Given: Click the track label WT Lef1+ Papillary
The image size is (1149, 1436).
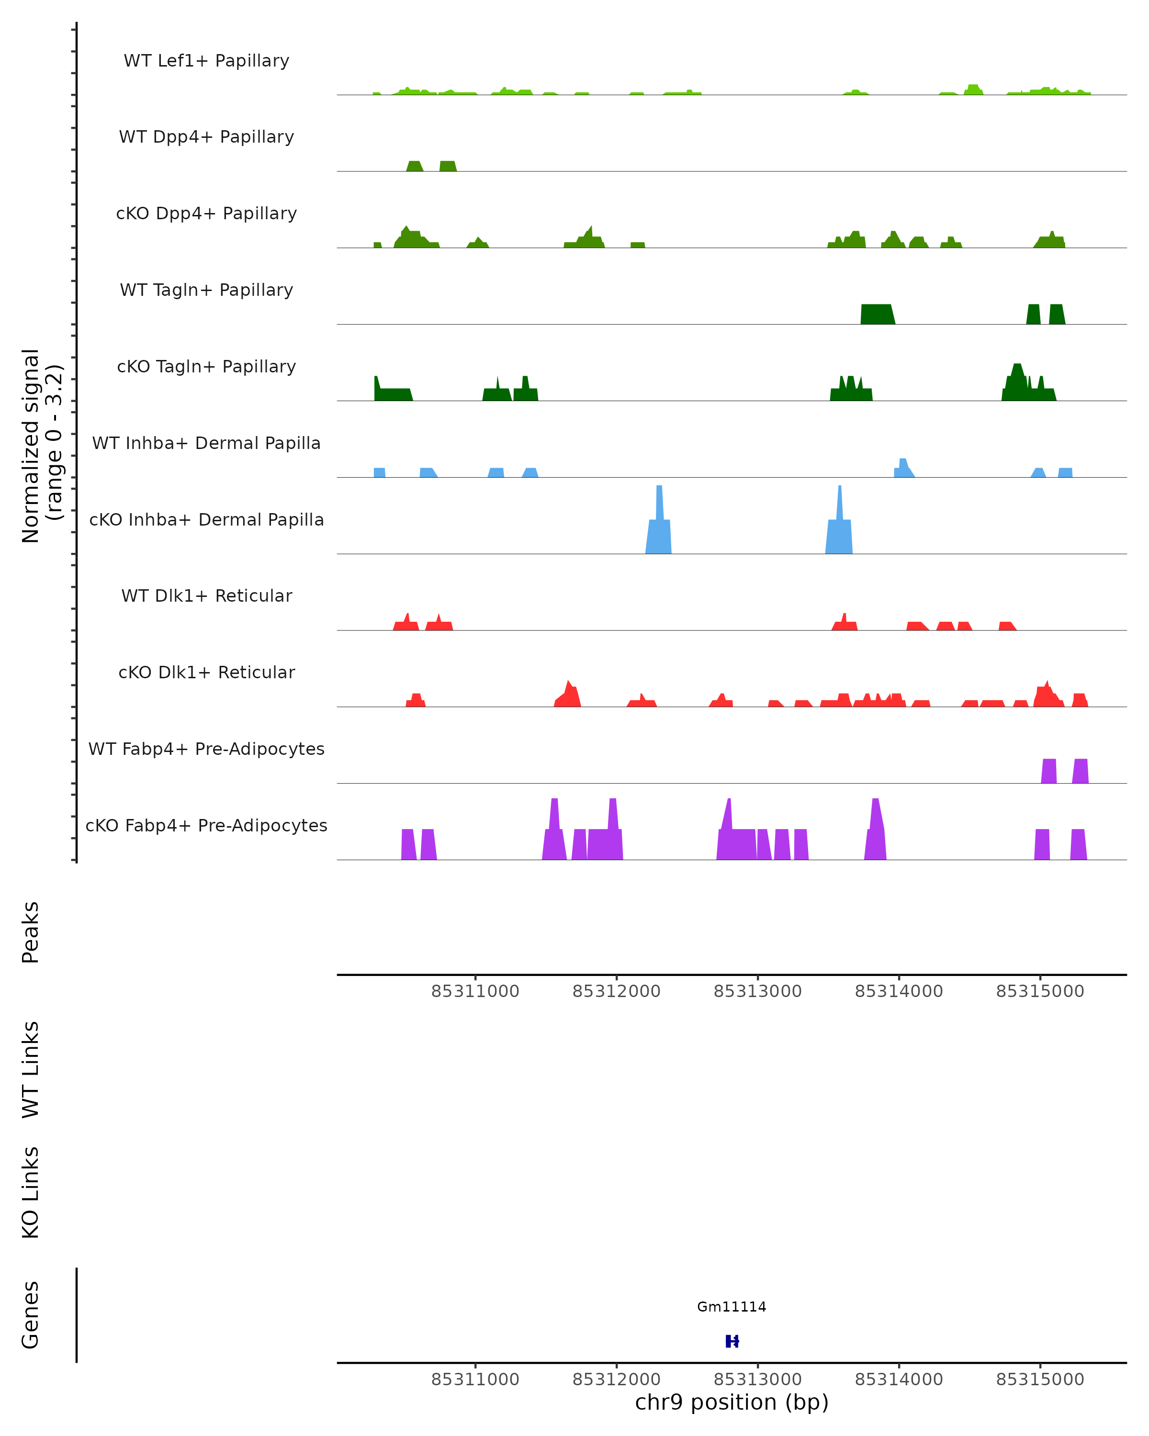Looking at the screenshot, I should [x=206, y=61].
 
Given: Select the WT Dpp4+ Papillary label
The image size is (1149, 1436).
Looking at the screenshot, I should [x=206, y=137].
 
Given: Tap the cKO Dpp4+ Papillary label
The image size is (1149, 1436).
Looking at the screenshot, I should [x=206, y=214].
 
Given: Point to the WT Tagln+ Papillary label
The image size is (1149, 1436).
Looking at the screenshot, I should [x=206, y=291].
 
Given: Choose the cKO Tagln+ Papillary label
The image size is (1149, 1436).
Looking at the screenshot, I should [x=206, y=367].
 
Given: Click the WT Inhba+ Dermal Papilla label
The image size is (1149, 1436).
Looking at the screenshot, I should [x=206, y=444].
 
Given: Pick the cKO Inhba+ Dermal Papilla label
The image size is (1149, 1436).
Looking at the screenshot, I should [x=206, y=520].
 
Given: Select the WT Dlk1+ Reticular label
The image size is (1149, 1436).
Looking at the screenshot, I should [x=206, y=596].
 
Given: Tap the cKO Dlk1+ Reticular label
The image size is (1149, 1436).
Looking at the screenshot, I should [x=206, y=673].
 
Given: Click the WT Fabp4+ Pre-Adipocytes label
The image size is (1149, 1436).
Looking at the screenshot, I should [x=206, y=749].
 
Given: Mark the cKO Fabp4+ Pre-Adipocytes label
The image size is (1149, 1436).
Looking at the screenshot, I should [x=206, y=826].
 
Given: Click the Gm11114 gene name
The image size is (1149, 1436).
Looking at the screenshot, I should [x=732, y=1307].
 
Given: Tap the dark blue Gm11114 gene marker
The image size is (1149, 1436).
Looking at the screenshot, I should [x=732, y=1341].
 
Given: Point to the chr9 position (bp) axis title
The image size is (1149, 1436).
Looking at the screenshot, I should [x=732, y=1402].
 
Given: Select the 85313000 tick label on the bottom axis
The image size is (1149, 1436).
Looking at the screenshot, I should [x=757, y=1380].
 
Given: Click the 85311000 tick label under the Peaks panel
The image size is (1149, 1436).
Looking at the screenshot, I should [x=475, y=991].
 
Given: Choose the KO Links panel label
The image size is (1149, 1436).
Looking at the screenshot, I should [x=31, y=1193].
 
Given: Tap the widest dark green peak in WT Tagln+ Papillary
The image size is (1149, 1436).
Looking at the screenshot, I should [x=877, y=314].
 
